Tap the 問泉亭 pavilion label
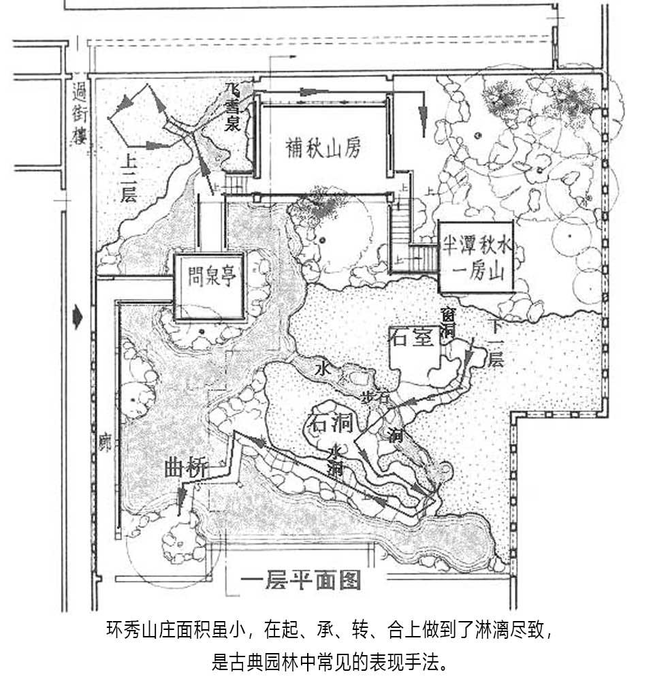[209, 278]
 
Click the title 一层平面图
[300, 581]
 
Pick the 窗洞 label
[447, 323]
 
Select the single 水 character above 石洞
[323, 368]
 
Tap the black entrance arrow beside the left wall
[79, 317]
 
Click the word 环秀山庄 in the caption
[137, 628]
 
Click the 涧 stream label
[395, 434]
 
